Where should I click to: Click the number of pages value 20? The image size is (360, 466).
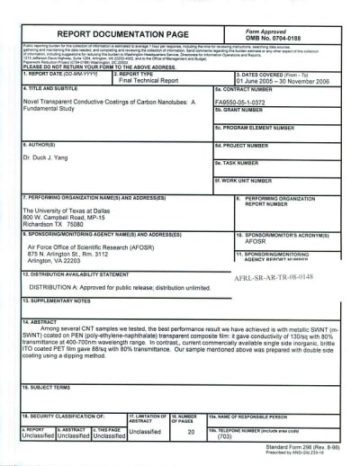(192, 431)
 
